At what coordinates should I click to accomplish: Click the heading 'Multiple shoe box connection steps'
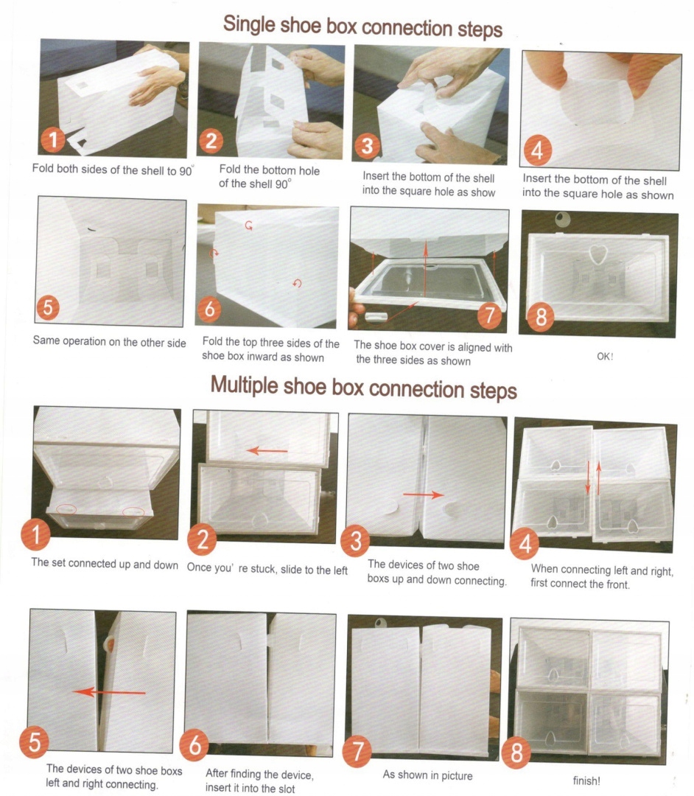point(364,388)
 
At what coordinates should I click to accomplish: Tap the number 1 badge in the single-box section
point(53,139)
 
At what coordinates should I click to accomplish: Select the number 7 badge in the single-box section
point(489,314)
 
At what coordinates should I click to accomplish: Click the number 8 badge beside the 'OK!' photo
point(541,317)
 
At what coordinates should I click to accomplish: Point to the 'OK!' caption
point(605,357)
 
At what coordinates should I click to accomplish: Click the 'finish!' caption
point(586,781)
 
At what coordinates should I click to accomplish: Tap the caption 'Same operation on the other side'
point(110,342)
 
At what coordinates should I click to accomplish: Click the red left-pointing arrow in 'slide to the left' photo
point(267,450)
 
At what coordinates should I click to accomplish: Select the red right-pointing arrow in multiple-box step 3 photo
point(424,495)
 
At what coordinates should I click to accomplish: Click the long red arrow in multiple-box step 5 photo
point(109,691)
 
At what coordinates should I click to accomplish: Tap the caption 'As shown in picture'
point(427,775)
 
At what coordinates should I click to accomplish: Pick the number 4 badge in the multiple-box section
point(525,543)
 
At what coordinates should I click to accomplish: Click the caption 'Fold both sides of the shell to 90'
point(113,170)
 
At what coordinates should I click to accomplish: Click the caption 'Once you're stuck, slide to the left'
point(267,568)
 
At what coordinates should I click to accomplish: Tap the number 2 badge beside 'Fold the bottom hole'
point(211,140)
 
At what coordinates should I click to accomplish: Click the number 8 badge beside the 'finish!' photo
point(516,753)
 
